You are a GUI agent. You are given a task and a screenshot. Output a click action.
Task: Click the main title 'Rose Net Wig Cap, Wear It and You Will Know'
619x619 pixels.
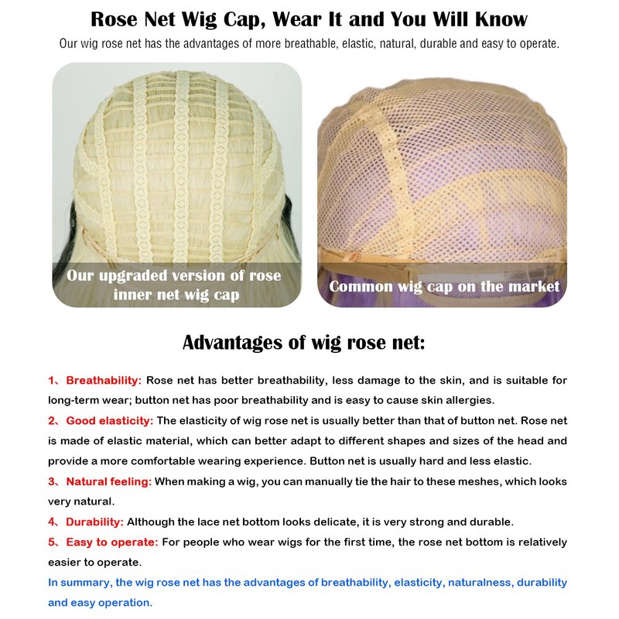tap(309, 19)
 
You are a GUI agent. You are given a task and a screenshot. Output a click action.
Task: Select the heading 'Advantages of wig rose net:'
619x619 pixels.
tap(303, 342)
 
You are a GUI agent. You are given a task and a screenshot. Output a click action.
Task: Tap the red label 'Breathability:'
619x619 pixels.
tap(104, 380)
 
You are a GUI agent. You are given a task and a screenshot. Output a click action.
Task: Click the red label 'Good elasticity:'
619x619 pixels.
tap(110, 420)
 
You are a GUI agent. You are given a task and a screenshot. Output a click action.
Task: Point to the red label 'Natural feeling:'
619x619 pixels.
tap(108, 480)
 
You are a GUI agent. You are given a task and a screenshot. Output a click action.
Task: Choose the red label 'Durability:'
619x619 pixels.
tap(94, 521)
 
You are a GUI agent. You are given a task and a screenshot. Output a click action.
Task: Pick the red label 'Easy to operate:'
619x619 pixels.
tap(111, 541)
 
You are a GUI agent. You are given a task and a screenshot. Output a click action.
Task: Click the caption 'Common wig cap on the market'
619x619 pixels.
tap(443, 287)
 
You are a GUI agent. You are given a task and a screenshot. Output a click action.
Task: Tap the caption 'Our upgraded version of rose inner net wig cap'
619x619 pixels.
tap(174, 285)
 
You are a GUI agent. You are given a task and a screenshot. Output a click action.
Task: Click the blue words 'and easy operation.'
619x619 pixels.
tap(101, 602)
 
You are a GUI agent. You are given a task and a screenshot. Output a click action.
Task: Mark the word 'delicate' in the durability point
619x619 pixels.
tap(336, 521)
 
